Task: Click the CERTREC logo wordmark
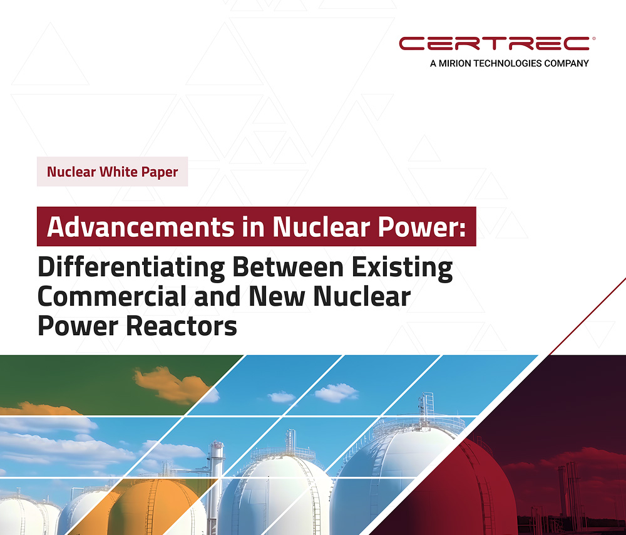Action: [x=495, y=44]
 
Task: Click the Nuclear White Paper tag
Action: [x=112, y=172]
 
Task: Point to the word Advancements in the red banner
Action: [x=140, y=227]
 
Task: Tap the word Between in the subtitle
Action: [x=288, y=267]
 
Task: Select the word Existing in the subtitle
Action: [x=402, y=267]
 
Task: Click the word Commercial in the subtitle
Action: [x=112, y=296]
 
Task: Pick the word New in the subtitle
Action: [x=277, y=296]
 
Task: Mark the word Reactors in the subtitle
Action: [x=182, y=326]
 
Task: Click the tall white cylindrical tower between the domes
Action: [x=216, y=479]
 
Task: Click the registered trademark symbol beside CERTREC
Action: [x=593, y=39]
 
